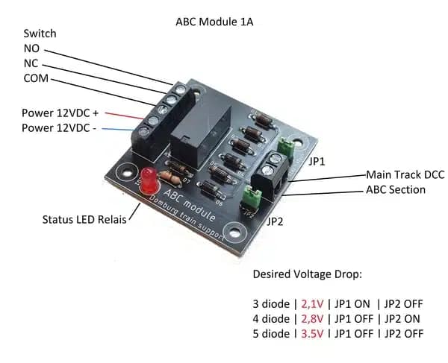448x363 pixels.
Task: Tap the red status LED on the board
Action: point(148,178)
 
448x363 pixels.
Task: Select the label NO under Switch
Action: point(31,48)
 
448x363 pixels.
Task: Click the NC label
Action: point(31,63)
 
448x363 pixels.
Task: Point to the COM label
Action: point(36,78)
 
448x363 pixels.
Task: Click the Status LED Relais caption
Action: point(83,220)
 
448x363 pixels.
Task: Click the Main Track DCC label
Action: point(405,174)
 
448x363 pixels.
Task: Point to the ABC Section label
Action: point(396,189)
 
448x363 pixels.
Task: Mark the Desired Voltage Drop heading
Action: point(307,274)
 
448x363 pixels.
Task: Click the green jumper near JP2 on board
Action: point(252,198)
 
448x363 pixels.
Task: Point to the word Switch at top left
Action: point(40,34)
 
